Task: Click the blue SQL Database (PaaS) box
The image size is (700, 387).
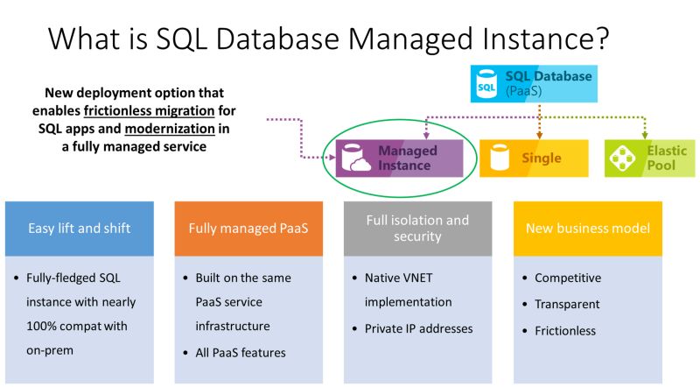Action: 534,84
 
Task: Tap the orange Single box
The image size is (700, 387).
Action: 534,158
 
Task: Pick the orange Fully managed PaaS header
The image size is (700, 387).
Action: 248,229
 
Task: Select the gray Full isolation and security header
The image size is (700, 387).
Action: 417,229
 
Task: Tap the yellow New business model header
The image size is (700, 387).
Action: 587,229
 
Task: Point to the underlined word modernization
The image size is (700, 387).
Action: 164,130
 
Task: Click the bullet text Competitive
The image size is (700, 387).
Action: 568,278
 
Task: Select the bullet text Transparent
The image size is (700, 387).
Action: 567,305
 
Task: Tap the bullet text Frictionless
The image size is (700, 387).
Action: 565,331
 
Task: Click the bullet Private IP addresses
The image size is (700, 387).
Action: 418,329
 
